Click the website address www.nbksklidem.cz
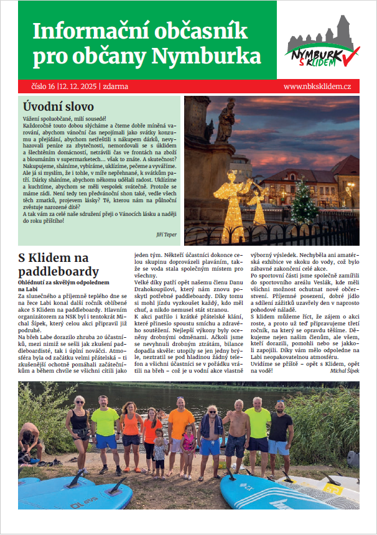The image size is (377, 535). [x=317, y=86]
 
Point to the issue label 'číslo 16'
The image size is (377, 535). [x=43, y=86]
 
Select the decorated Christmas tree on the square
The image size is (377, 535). [x=305, y=202]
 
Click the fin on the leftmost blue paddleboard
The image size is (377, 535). [x=75, y=479]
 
